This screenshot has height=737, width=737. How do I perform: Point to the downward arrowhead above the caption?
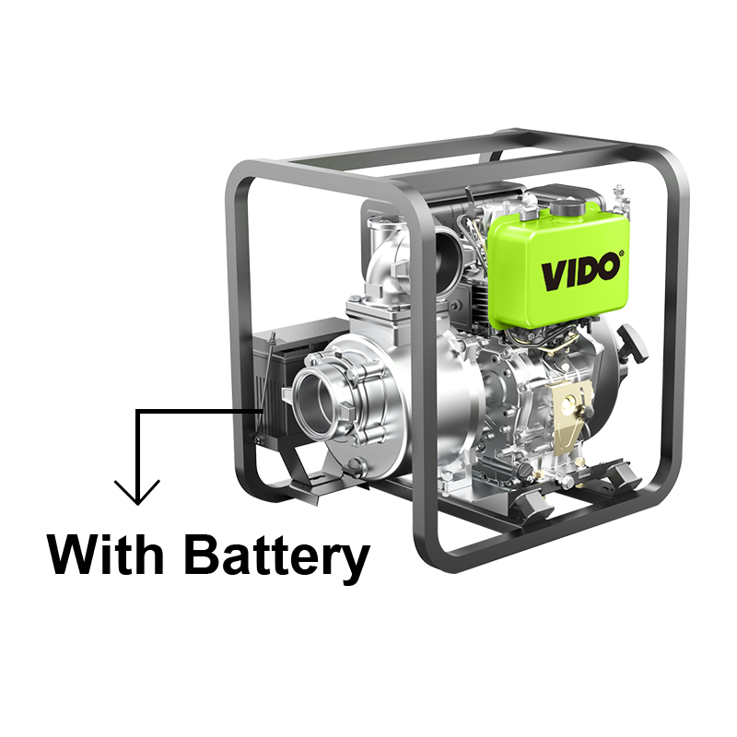[137, 492]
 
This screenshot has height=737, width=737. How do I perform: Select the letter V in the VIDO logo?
[554, 276]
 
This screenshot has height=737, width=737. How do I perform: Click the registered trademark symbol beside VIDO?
[622, 253]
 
